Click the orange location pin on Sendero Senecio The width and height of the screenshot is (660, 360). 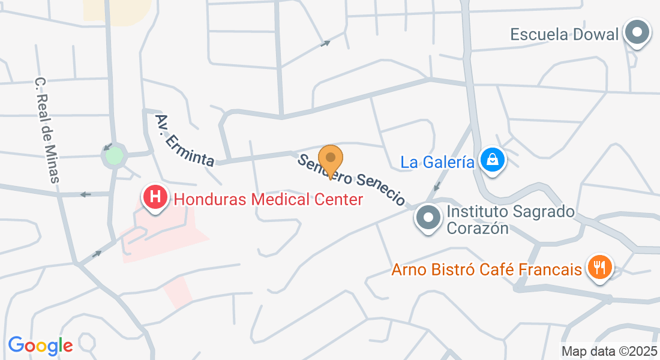[330, 160]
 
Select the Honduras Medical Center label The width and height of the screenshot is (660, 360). [268, 199]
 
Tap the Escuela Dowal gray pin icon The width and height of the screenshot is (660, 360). [637, 32]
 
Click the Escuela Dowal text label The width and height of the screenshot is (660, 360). [564, 34]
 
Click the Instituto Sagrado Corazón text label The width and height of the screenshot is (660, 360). [511, 220]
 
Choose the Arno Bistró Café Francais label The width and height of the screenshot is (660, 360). [487, 269]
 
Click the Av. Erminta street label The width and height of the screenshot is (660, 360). [185, 140]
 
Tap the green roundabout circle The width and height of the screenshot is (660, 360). [113, 157]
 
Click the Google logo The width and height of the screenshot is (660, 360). [40, 345]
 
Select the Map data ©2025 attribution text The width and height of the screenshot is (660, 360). [609, 351]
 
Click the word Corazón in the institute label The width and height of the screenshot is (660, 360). [478, 228]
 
